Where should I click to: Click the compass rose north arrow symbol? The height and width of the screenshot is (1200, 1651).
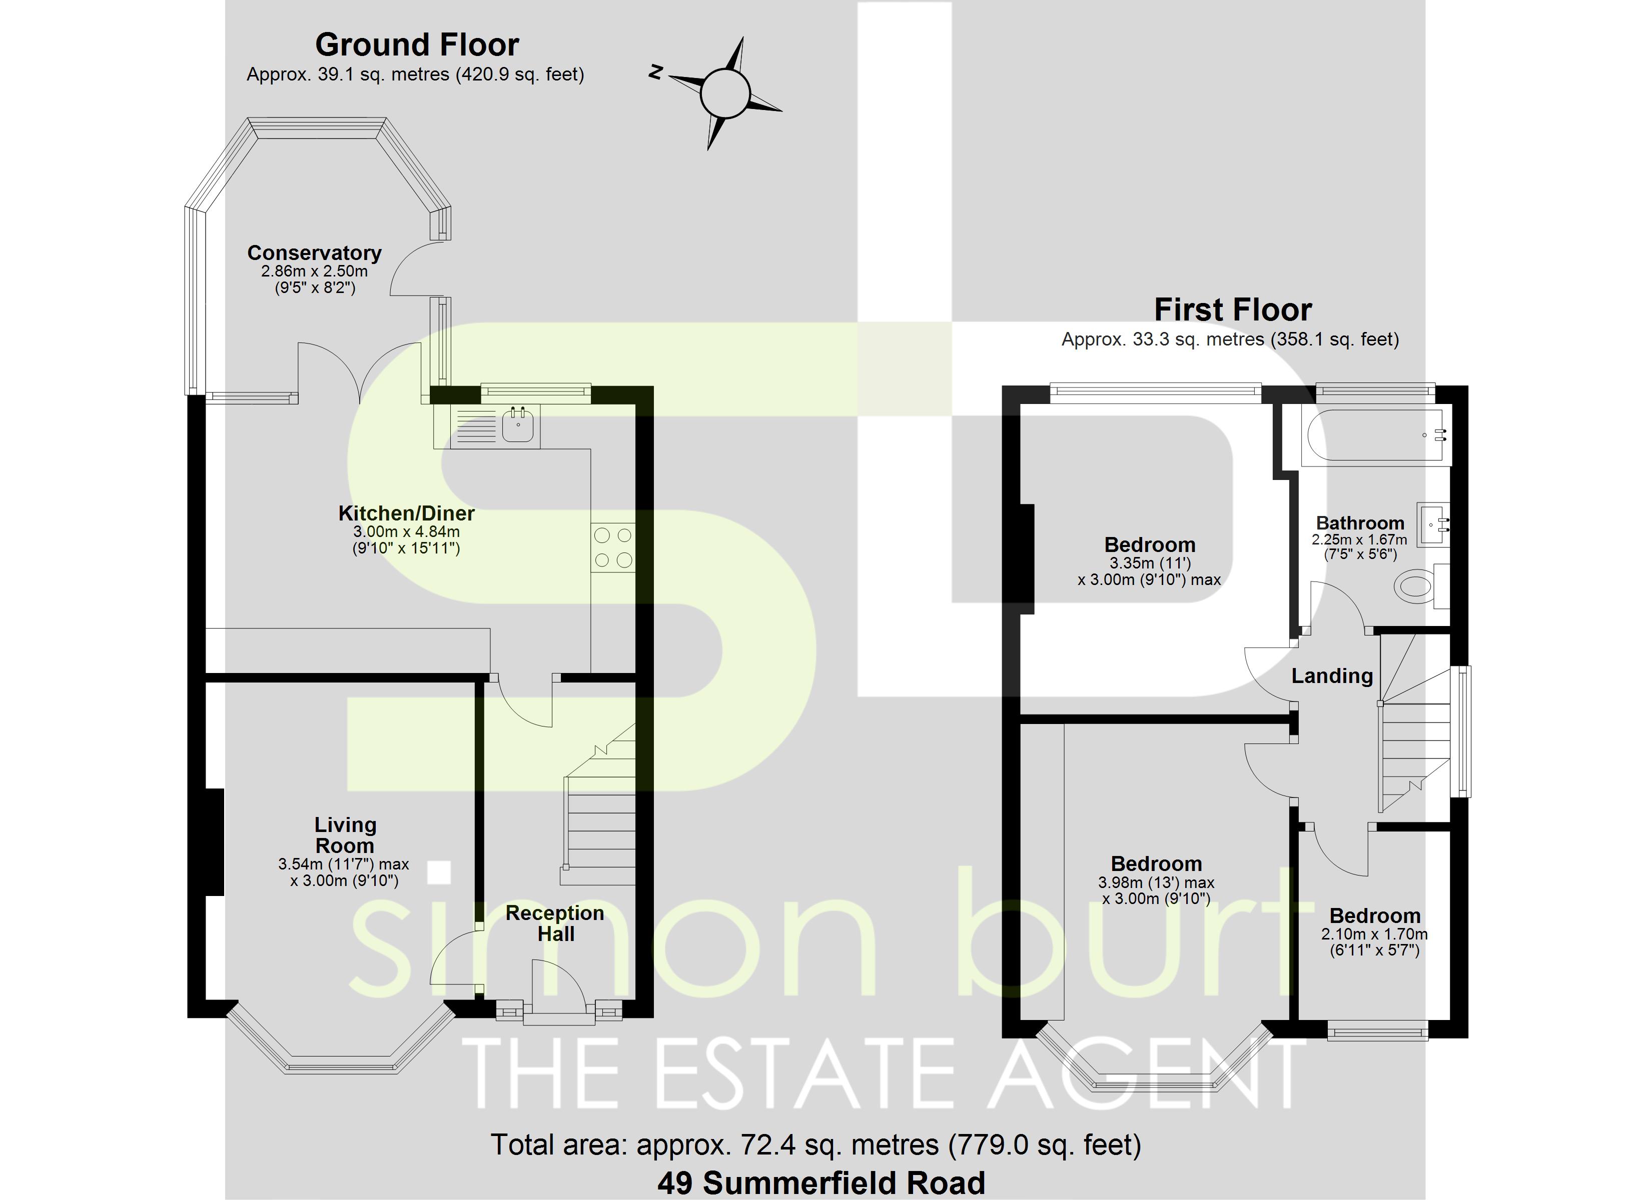pyautogui.click(x=724, y=92)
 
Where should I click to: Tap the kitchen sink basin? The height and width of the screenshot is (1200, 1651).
pyautogui.click(x=518, y=425)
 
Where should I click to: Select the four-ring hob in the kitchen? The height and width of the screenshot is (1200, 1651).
pyautogui.click(x=612, y=547)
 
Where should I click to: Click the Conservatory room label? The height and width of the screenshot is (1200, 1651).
pyautogui.click(x=315, y=252)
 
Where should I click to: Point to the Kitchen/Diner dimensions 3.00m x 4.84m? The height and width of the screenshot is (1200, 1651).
pyautogui.click(x=406, y=532)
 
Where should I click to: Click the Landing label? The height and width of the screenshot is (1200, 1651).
pyautogui.click(x=1331, y=675)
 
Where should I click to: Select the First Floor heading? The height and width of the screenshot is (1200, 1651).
pyautogui.click(x=1232, y=310)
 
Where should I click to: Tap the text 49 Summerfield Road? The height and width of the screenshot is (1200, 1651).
pyautogui.click(x=821, y=1182)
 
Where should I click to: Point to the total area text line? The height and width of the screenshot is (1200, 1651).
pyautogui.click(x=815, y=1144)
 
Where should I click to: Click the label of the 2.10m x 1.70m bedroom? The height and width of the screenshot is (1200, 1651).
pyautogui.click(x=1374, y=915)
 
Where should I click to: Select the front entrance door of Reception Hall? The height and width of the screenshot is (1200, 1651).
pyautogui.click(x=558, y=989)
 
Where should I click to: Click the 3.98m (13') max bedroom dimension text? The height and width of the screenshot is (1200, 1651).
pyautogui.click(x=1156, y=882)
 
